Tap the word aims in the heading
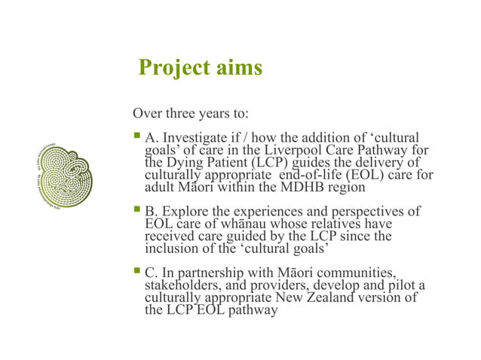pos(236,69)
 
